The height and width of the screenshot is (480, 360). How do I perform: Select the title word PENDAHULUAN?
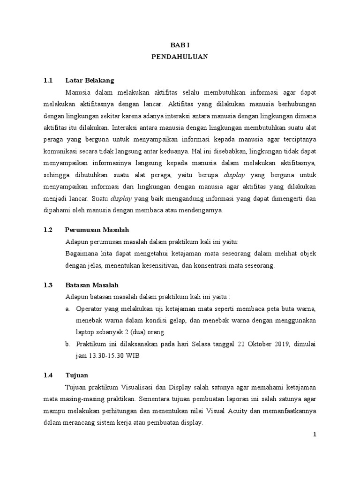click(180, 56)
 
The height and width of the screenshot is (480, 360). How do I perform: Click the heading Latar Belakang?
click(90, 80)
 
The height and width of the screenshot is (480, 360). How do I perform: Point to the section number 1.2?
click(48, 230)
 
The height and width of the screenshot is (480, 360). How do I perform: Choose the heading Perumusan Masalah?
click(97, 230)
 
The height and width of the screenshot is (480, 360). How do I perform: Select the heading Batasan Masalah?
click(92, 285)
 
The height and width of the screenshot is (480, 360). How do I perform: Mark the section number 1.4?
click(48, 375)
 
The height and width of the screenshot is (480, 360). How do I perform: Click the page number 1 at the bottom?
click(315, 435)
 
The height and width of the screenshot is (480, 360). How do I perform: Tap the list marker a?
click(68, 309)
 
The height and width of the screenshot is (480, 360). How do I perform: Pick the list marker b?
click(68, 344)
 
